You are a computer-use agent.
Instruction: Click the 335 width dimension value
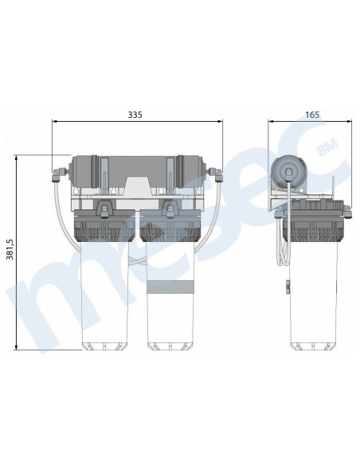click(x=135, y=115)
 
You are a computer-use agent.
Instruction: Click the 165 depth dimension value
click(x=312, y=115)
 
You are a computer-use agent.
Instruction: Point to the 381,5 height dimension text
click(x=10, y=250)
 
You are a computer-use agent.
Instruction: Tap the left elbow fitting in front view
click(x=57, y=175)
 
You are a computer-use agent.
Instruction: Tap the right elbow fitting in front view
click(x=217, y=175)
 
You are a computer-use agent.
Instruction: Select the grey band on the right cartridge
click(x=170, y=287)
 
